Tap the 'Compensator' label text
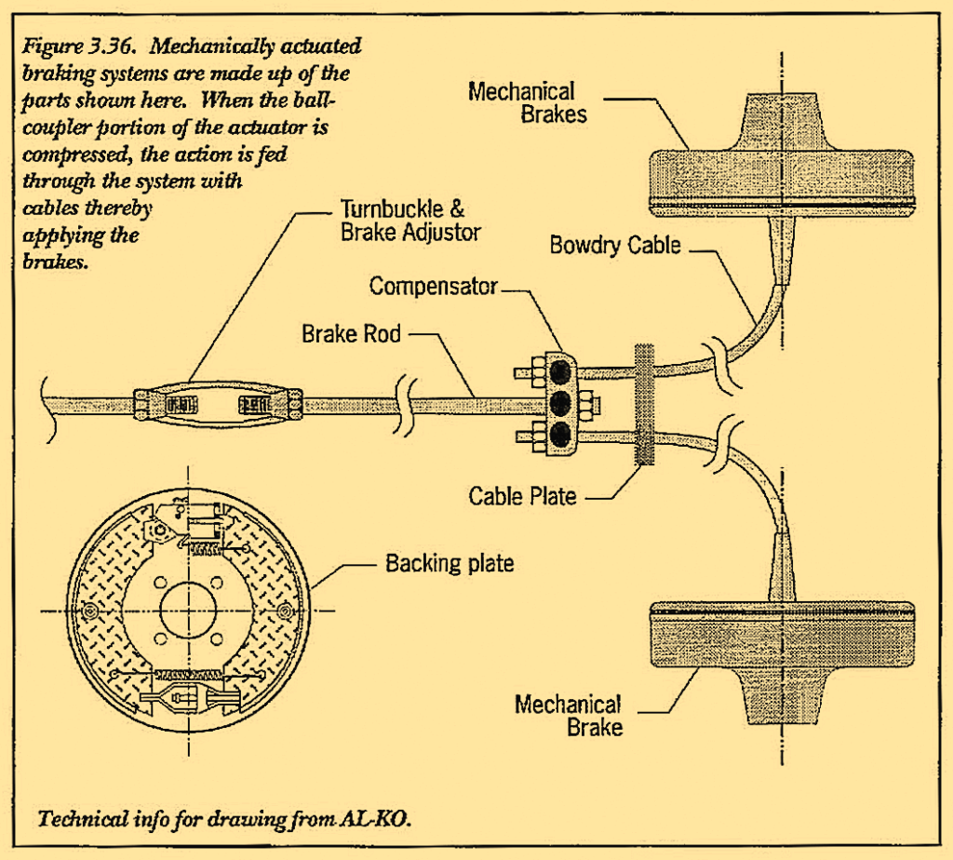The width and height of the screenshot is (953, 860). pos(433,286)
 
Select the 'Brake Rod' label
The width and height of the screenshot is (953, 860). pos(351,332)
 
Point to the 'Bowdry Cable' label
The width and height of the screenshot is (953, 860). pos(615,247)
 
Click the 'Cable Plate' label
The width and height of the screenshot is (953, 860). pos(522,496)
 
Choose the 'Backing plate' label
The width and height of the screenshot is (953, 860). pos(450,563)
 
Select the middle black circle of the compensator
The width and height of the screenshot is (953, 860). pos(560,405)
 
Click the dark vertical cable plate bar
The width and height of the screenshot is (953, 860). pos(643,405)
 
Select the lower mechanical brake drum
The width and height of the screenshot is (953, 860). pos(782,642)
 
